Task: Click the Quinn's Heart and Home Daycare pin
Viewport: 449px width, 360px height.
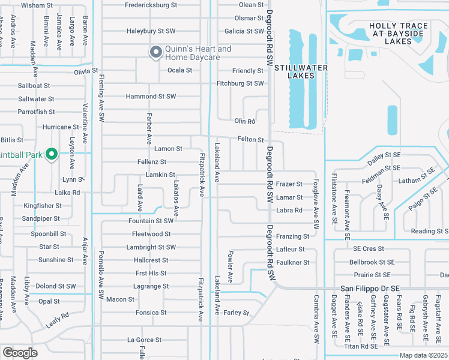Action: tap(156, 53)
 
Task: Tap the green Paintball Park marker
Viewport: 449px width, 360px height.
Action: tap(52, 155)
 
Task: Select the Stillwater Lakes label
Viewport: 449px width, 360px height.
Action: tap(301, 71)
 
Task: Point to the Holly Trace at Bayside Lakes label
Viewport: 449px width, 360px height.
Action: tap(399, 34)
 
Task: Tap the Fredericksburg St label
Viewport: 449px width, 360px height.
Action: tap(151, 5)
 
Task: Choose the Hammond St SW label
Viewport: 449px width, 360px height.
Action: tap(151, 96)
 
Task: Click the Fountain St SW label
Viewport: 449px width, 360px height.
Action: tap(151, 221)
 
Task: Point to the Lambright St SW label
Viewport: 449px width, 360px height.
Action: tap(151, 247)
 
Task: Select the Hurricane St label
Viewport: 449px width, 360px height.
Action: tap(60, 127)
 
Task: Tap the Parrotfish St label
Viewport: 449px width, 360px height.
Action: tap(36, 112)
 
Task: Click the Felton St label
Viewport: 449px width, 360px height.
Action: tap(251, 140)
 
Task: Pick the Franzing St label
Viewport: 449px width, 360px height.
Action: tap(293, 236)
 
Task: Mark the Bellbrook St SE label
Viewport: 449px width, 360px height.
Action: tap(372, 262)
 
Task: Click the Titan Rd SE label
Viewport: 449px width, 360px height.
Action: tap(361, 346)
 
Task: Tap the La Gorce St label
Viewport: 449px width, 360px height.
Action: tap(144, 340)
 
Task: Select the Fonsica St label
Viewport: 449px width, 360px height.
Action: tap(151, 313)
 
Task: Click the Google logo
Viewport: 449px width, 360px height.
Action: tap(19, 353)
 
